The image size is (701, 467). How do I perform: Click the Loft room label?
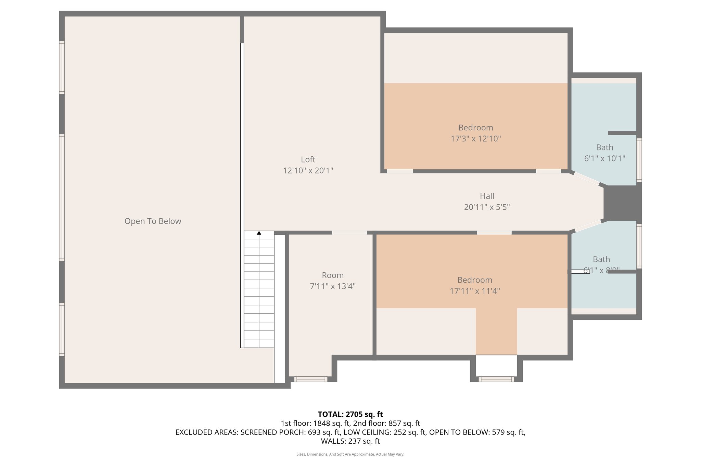(308, 159)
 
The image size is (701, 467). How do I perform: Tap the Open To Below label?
(153, 221)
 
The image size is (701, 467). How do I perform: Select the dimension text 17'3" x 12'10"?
(475, 139)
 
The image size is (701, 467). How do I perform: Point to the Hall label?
(487, 196)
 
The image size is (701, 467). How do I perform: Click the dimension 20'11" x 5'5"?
(487, 207)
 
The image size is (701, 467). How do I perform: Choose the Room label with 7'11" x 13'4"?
(332, 275)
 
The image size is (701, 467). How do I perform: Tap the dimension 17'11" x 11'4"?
(474, 291)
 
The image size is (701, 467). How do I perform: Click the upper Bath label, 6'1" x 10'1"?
(604, 147)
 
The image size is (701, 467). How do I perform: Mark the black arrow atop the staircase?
(259, 233)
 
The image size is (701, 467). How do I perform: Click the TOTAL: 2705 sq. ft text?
(350, 414)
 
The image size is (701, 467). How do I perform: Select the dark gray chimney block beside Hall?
(622, 203)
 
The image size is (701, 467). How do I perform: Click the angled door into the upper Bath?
(586, 179)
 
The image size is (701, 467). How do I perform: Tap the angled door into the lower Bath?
(588, 226)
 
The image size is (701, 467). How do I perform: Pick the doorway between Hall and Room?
(349, 233)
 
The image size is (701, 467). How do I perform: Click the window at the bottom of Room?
(310, 379)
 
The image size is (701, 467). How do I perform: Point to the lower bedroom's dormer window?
(496, 379)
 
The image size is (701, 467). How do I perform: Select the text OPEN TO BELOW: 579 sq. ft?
(477, 432)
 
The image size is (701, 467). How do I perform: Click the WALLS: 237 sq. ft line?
(350, 441)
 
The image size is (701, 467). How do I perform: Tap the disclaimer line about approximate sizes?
(350, 454)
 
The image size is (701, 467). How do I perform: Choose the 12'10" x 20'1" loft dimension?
(308, 170)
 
